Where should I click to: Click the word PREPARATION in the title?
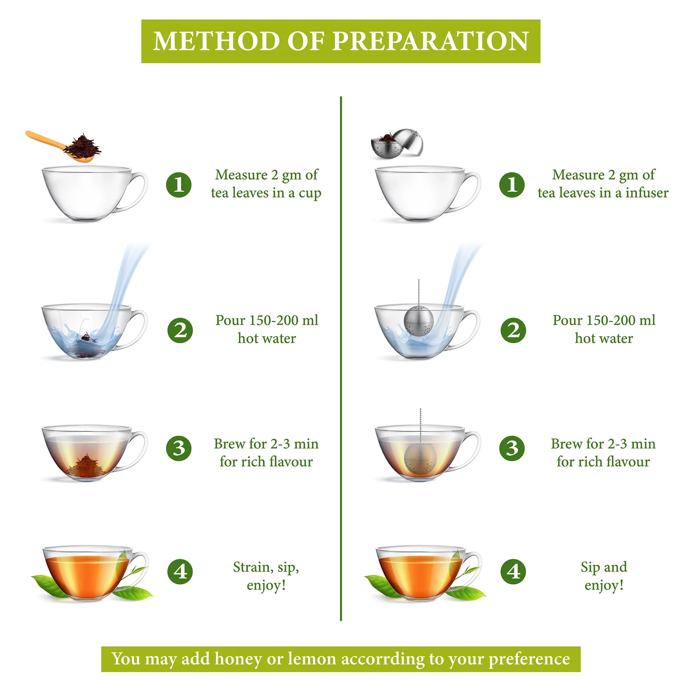point(431,41)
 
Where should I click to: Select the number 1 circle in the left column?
point(179,184)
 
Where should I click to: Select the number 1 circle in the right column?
point(512,184)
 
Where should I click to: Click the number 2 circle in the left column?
point(180,330)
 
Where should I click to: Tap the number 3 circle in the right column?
point(512,448)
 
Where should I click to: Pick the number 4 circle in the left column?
point(180,572)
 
